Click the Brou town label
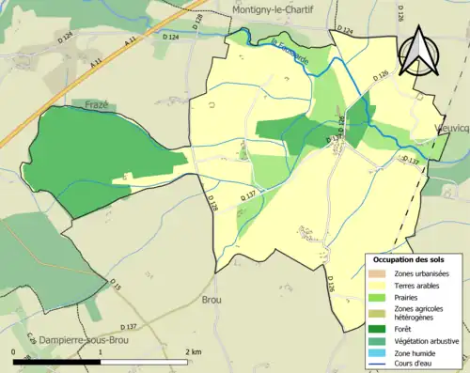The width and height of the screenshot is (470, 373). pyautogui.click(x=213, y=299)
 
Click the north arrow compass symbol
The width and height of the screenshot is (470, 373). pyautogui.click(x=418, y=52)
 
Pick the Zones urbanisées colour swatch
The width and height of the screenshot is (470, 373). pyautogui.click(x=380, y=272)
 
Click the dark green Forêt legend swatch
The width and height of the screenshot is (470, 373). pyautogui.click(x=380, y=328)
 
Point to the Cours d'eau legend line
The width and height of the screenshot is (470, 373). pyautogui.click(x=380, y=365)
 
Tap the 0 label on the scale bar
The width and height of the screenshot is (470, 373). pyautogui.click(x=15, y=351)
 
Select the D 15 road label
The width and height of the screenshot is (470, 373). pyautogui.click(x=115, y=285)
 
